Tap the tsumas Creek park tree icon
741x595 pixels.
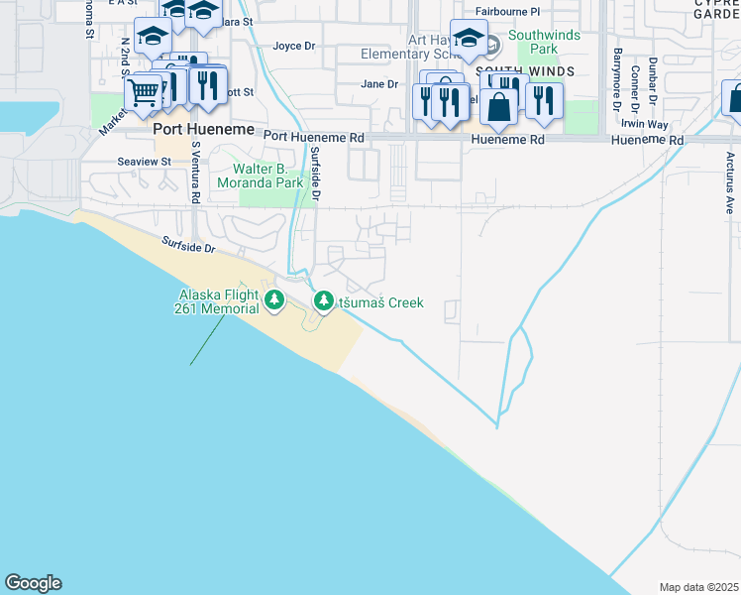(x=323, y=300)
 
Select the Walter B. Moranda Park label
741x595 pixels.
(x=261, y=176)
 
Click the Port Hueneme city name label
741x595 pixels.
(x=194, y=128)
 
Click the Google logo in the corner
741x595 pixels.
(x=33, y=583)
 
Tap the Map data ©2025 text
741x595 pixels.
(x=697, y=586)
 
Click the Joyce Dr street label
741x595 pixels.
(x=293, y=46)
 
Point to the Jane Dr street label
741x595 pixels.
(x=378, y=84)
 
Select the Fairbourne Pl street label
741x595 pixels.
(x=507, y=12)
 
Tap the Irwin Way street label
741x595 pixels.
(x=645, y=124)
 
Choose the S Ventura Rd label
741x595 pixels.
(x=196, y=172)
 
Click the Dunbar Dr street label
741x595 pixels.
(x=653, y=78)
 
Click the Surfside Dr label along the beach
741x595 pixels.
(x=188, y=244)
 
